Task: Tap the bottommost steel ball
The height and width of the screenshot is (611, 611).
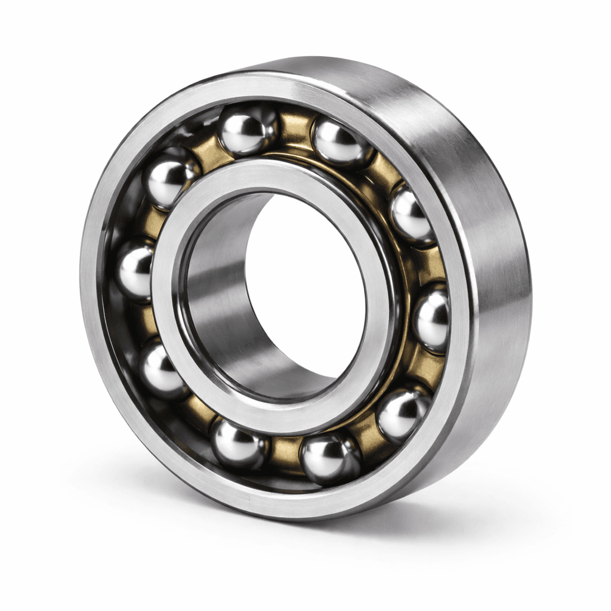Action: (330, 457)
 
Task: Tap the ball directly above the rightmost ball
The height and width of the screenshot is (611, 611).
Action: (412, 216)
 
